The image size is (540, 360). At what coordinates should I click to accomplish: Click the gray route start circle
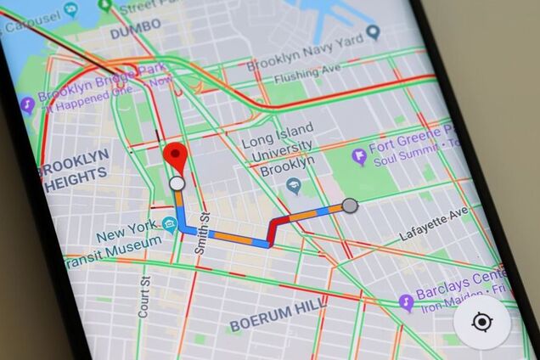tap(349, 205)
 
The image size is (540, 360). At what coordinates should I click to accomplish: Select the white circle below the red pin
tap(177, 183)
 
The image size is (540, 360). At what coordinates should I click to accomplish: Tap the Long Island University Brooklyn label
tap(278, 149)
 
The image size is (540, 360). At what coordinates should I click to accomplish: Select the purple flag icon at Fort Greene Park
tap(360, 156)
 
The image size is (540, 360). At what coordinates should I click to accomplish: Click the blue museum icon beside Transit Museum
tap(170, 225)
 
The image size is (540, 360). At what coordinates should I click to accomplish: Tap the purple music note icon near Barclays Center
tap(407, 302)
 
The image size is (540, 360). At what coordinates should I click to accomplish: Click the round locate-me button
tap(482, 322)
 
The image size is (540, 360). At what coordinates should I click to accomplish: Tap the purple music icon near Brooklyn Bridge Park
tap(26, 104)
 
